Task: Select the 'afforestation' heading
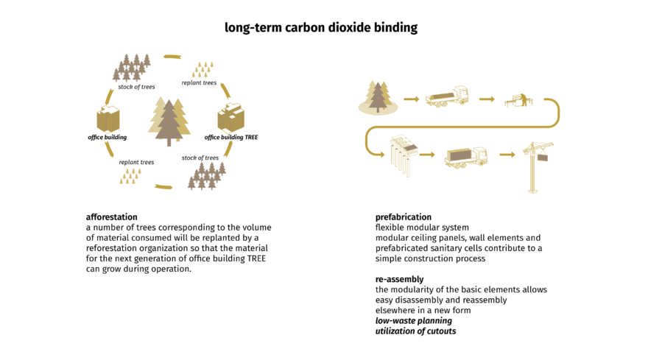[x=111, y=217]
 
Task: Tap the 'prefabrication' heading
[x=403, y=217]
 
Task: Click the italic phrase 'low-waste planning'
[x=413, y=321]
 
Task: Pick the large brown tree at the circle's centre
[x=170, y=121]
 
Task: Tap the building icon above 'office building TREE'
[x=231, y=118]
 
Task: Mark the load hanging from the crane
[x=544, y=158]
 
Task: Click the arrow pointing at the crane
[x=506, y=155]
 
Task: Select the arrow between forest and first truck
[x=411, y=98]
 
